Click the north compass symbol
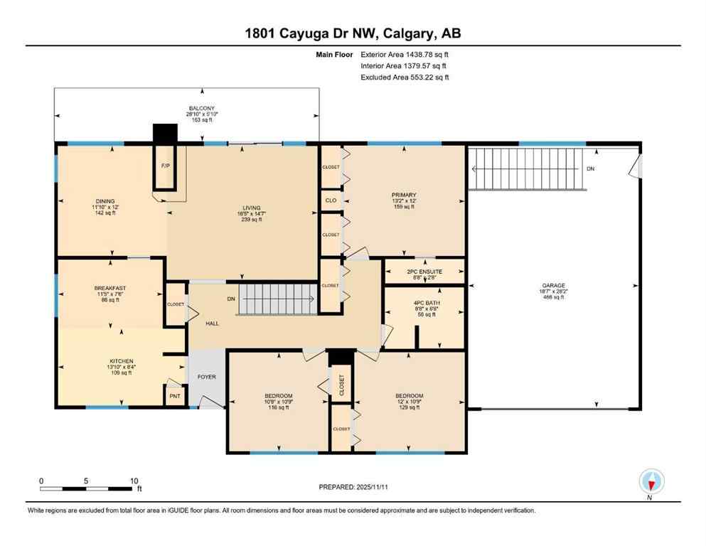pyautogui.click(x=651, y=481)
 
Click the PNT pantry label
pyautogui.click(x=174, y=397)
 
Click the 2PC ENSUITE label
pyautogui.click(x=424, y=272)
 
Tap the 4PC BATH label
pyautogui.click(x=424, y=304)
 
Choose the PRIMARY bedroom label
pyautogui.click(x=403, y=195)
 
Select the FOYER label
pyautogui.click(x=206, y=377)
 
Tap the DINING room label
pyautogui.click(x=105, y=201)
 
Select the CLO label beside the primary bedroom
pyautogui.click(x=331, y=200)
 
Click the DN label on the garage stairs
pyautogui.click(x=590, y=169)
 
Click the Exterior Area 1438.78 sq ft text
pyautogui.click(x=405, y=54)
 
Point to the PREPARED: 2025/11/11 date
pyautogui.click(x=353, y=487)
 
